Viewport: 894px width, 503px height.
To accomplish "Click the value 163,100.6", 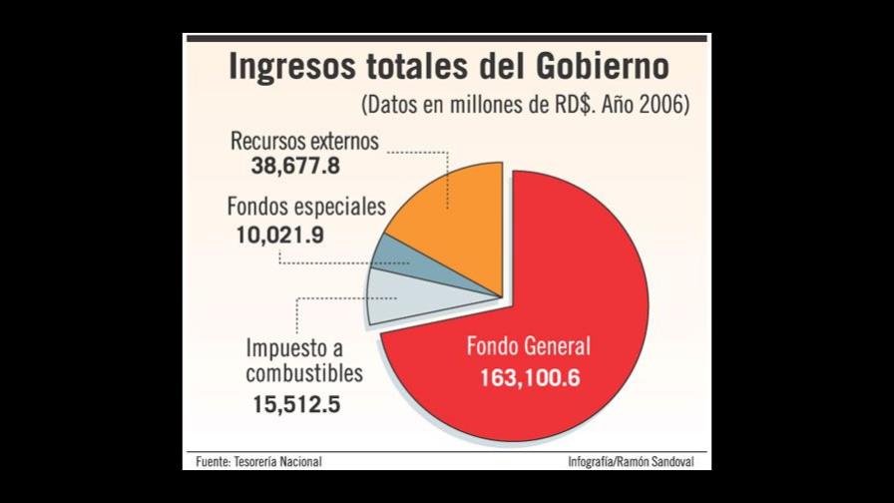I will [530, 379].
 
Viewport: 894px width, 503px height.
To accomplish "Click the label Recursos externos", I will [304, 142].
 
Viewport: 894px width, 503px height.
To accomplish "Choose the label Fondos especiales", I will [305, 208].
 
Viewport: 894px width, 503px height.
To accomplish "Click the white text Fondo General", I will [529, 347].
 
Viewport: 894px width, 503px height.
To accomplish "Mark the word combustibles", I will [304, 374].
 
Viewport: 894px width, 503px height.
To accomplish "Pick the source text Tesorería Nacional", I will [278, 461].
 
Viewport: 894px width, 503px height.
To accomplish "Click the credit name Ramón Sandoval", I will [669, 461].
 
